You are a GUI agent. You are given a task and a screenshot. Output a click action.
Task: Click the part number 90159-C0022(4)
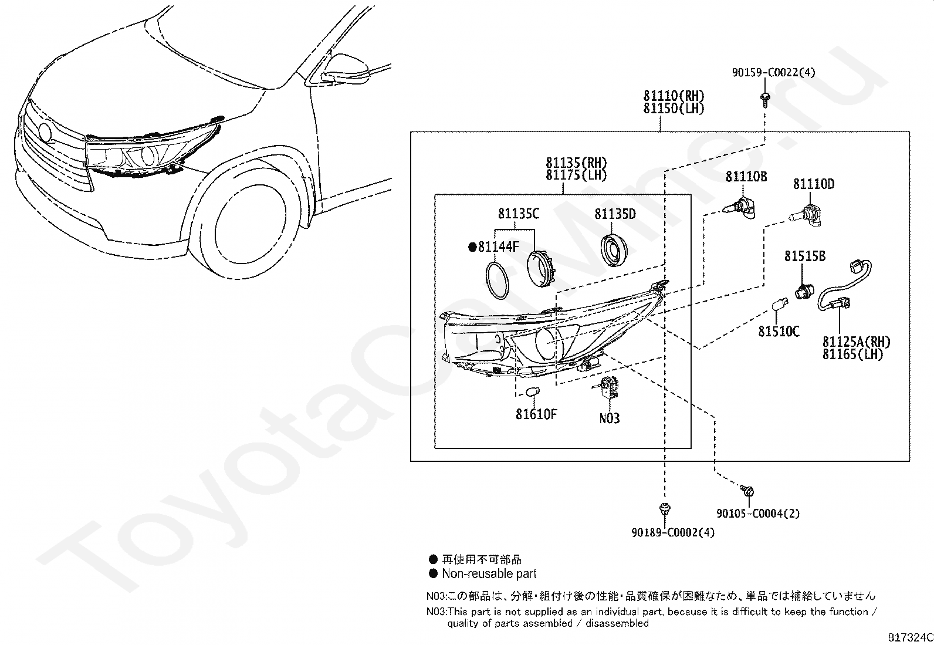pyautogui.click(x=773, y=73)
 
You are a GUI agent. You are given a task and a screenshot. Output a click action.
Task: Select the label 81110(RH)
pyautogui.click(x=674, y=96)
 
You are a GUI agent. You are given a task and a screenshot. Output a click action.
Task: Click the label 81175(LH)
pyautogui.click(x=576, y=175)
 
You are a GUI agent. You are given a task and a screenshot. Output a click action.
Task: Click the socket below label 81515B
pyautogui.click(x=803, y=290)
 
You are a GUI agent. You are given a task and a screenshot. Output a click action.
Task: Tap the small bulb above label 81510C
pyautogui.click(x=779, y=305)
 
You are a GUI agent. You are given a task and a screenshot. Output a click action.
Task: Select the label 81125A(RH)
pyautogui.click(x=856, y=342)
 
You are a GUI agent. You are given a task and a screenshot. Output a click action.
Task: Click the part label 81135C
pyautogui.click(x=519, y=214)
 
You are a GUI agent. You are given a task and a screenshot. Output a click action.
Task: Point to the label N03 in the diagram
pyautogui.click(x=610, y=418)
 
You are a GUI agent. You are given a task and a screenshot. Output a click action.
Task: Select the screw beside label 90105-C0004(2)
pyautogui.click(x=747, y=491)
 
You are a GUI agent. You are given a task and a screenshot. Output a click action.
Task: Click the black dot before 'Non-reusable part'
pyautogui.click(x=433, y=574)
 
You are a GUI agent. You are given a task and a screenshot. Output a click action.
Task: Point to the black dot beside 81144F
pyautogui.click(x=472, y=247)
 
